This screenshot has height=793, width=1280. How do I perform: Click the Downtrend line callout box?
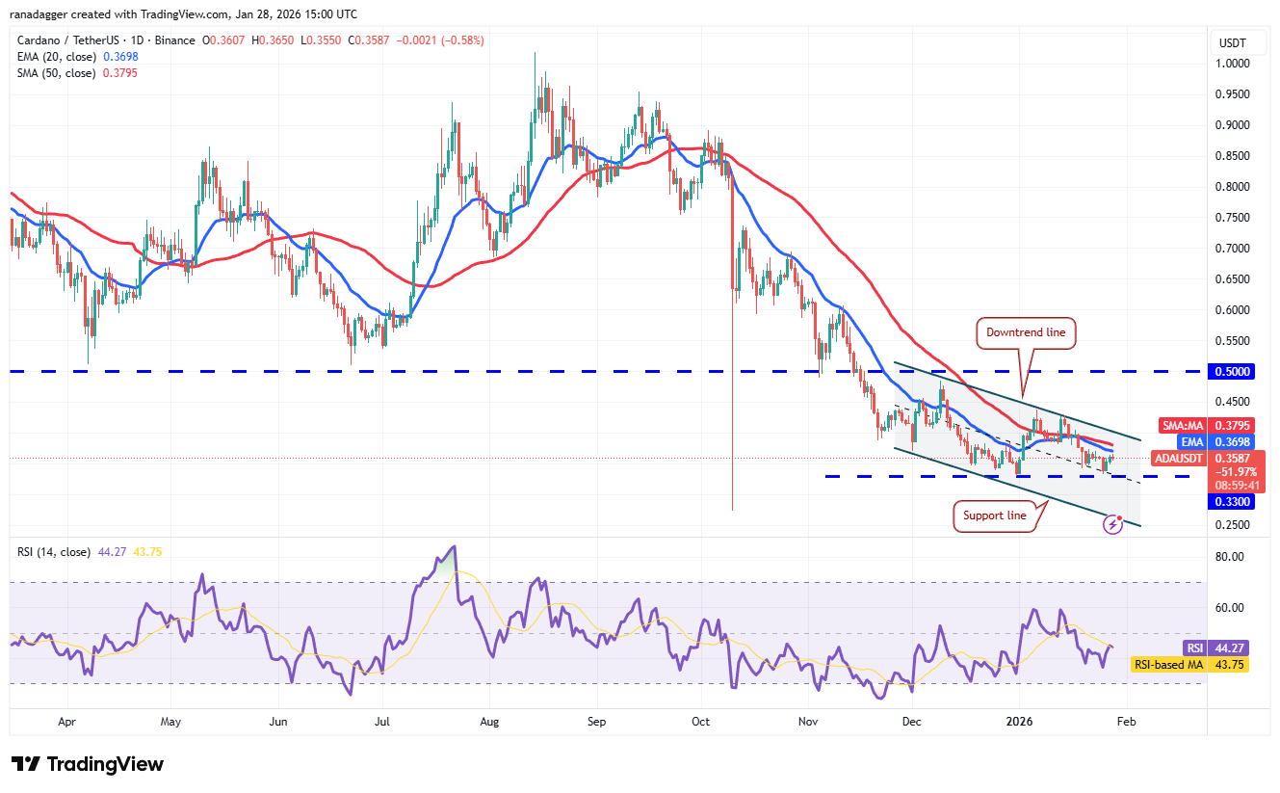pyautogui.click(x=1026, y=333)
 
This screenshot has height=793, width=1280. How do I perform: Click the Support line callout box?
pyautogui.click(x=996, y=515)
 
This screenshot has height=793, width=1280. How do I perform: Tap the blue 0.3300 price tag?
pyautogui.click(x=1233, y=501)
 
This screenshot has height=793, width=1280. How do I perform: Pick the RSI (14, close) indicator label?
pyautogui.click(x=54, y=552)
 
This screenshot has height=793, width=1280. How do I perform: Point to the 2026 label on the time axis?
pyautogui.click(x=1019, y=721)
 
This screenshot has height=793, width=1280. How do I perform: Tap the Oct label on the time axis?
pyautogui.click(x=700, y=721)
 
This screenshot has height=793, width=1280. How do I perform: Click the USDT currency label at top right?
pyautogui.click(x=1233, y=43)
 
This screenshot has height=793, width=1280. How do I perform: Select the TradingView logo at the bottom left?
pyautogui.click(x=88, y=764)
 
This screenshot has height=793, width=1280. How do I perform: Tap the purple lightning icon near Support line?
pyautogui.click(x=1113, y=524)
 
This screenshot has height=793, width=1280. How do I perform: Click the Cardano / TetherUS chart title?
pyautogui.click(x=65, y=40)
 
